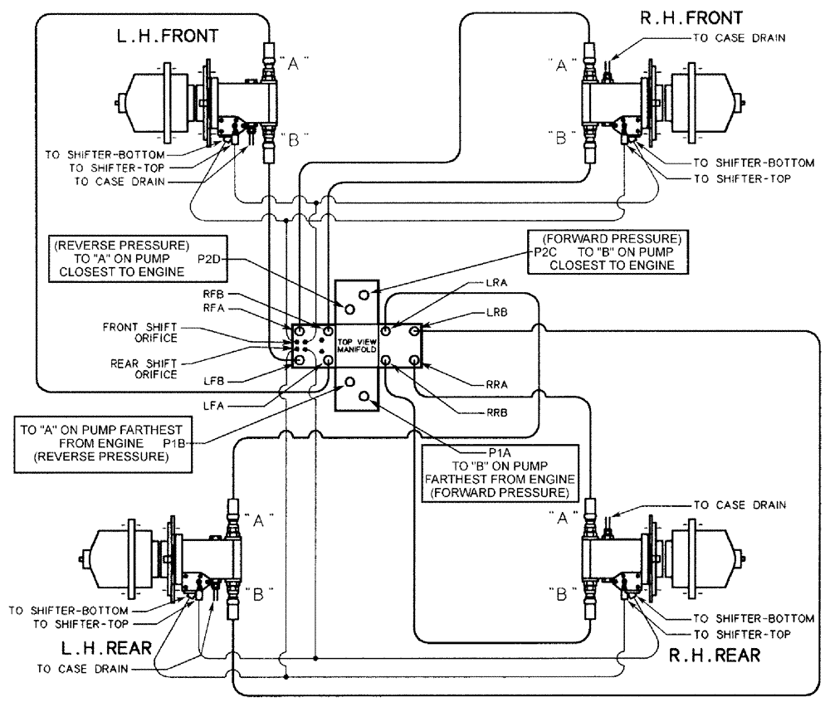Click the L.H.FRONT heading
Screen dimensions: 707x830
tap(168, 37)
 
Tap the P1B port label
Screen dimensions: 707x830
tap(174, 443)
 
